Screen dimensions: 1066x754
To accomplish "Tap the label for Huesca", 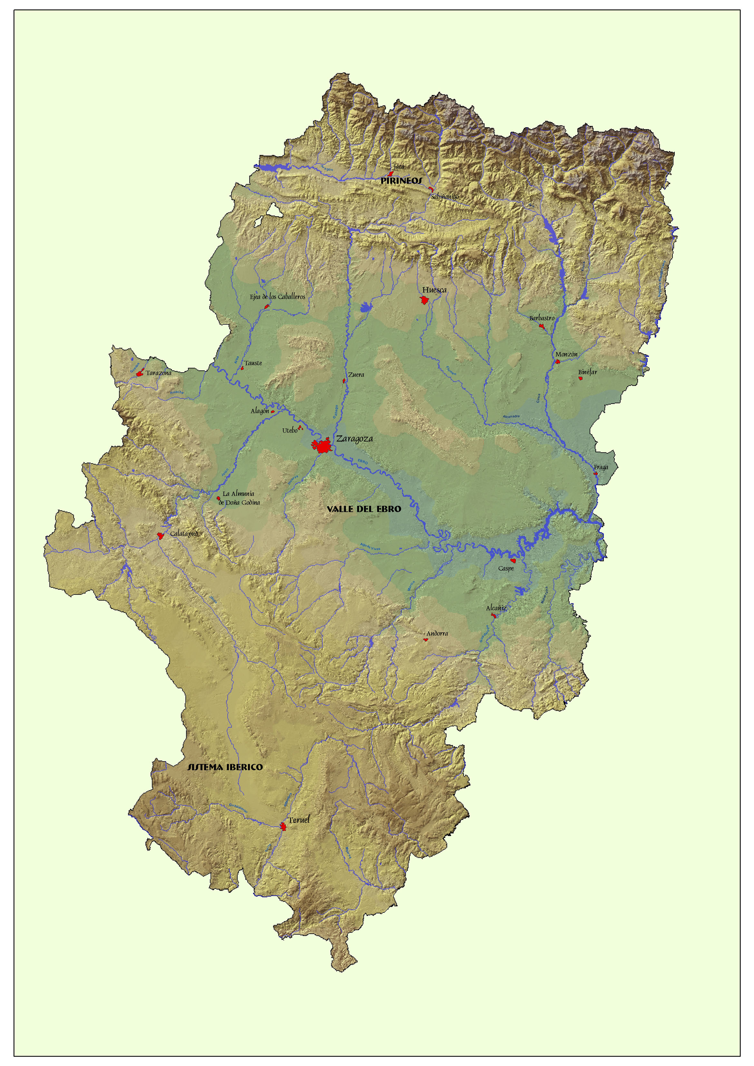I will pyautogui.click(x=434, y=290).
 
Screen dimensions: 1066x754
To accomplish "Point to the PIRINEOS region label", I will pyautogui.click(x=401, y=181).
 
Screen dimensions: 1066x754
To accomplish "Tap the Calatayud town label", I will pyautogui.click(x=184, y=534).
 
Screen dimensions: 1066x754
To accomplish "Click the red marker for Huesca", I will pyautogui.click(x=424, y=300).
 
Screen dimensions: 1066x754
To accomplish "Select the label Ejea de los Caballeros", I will pyautogui.click(x=278, y=297).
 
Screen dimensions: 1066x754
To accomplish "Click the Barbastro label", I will pyautogui.click(x=542, y=318).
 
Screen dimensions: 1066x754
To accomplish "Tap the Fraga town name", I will pyautogui.click(x=601, y=467).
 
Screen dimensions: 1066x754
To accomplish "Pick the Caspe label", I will pyautogui.click(x=506, y=569).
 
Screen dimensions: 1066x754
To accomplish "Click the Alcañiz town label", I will pyautogui.click(x=496, y=608).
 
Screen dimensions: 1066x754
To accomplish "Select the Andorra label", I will pyautogui.click(x=437, y=633).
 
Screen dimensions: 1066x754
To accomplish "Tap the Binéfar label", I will pyautogui.click(x=587, y=372).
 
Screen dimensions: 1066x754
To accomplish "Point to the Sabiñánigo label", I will pyautogui.click(x=445, y=197).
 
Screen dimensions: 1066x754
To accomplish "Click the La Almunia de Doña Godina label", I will pyautogui.click(x=239, y=498).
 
